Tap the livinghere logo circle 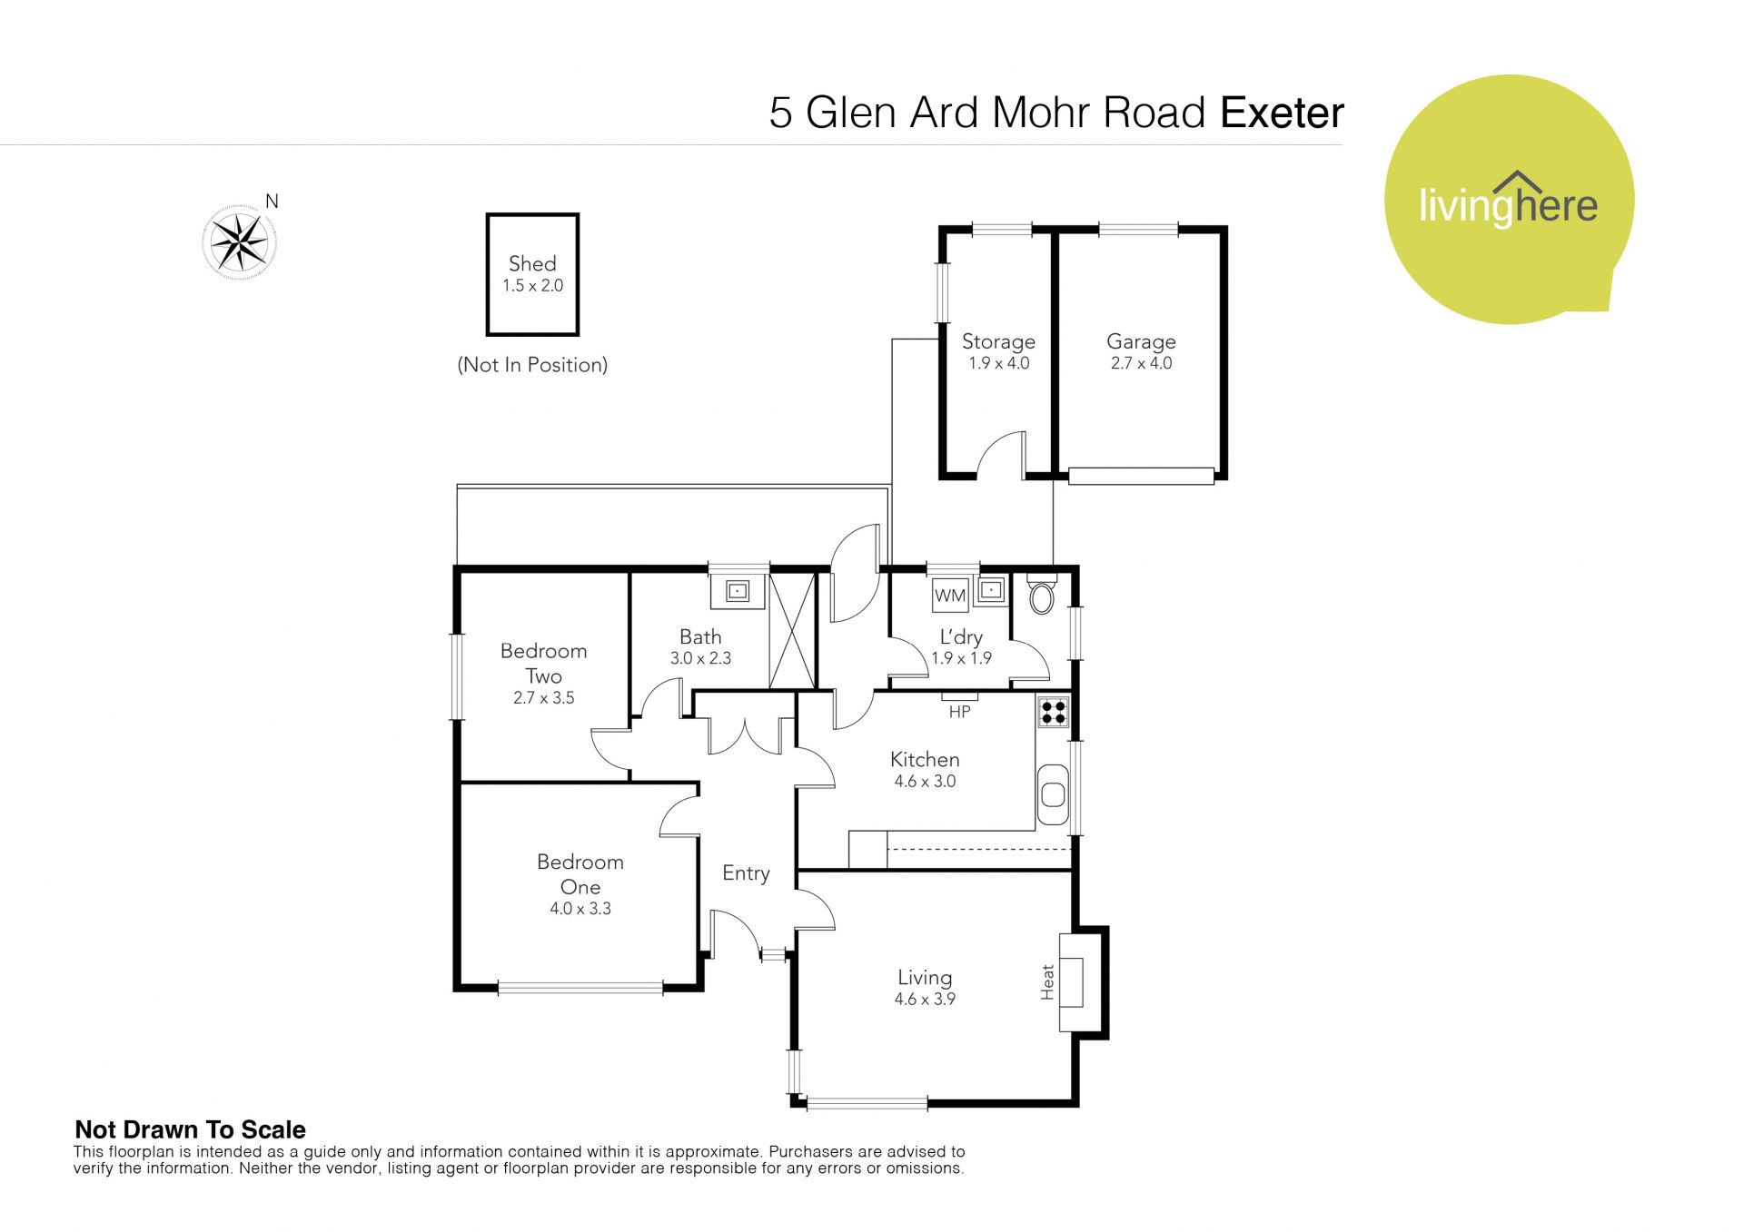(1509, 199)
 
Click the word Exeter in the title (1282, 113)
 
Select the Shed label (532, 263)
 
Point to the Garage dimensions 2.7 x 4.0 (1141, 363)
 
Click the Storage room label (998, 341)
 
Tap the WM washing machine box (950, 596)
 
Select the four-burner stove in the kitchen (1054, 712)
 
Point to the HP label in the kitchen (959, 713)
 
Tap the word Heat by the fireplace (1047, 982)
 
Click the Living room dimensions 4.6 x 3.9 (925, 1000)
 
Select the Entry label (746, 873)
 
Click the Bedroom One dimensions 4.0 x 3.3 (580, 909)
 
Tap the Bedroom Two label (543, 664)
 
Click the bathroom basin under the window (738, 592)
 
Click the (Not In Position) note (532, 365)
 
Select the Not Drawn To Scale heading (190, 1129)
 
